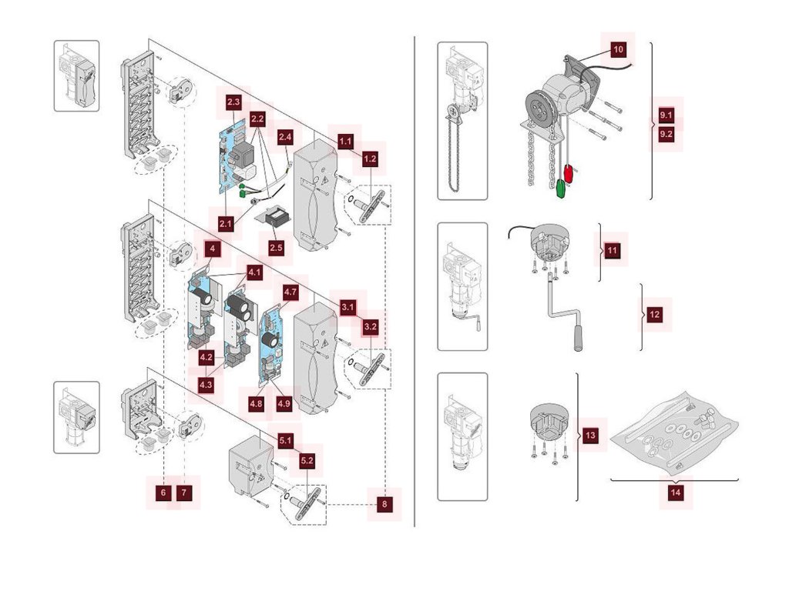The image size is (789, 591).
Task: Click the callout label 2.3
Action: [233, 102]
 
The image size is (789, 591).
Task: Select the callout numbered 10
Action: [618, 48]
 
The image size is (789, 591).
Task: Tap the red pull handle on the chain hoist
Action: [569, 173]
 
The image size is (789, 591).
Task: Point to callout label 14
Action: [675, 493]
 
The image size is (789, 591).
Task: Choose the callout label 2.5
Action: [276, 248]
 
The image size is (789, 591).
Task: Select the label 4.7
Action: [290, 292]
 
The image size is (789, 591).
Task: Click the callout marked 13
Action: [590, 436]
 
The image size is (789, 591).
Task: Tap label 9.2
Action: [667, 133]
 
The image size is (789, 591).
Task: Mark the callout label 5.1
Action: [285, 440]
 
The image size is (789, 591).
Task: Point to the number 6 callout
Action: [163, 491]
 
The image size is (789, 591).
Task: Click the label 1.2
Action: [370, 159]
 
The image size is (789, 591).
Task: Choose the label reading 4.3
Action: [206, 383]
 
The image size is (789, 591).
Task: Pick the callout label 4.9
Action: [284, 402]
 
